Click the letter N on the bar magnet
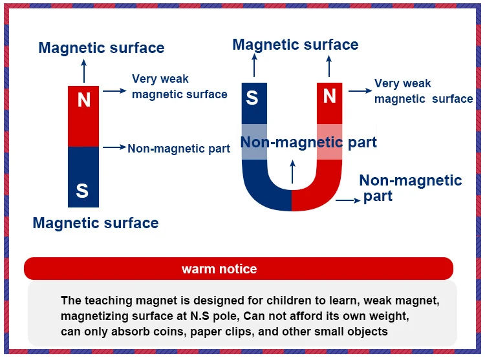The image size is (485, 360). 83,100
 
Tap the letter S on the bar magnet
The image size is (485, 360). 82,191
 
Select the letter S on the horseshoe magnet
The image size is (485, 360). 252,98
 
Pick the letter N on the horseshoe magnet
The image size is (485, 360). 330,96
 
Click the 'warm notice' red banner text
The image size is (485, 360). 219,269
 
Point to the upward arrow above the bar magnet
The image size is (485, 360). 83,69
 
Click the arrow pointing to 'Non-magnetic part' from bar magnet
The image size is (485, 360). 114,148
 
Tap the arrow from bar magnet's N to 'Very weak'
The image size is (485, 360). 114,91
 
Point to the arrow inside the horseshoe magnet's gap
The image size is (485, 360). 292,171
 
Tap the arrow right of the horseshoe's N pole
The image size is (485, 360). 360,91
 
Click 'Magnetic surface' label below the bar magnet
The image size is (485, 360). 96,224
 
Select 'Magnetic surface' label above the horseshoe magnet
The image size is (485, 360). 296,45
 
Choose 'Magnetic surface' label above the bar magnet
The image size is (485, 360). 102,48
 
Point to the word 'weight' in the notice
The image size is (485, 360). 391,316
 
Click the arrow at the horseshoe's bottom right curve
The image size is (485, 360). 348,200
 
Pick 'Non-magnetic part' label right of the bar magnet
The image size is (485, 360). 178,149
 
